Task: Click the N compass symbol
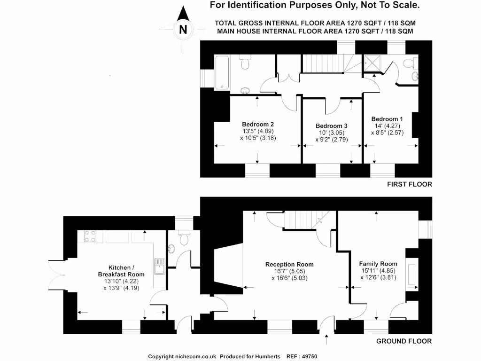[184, 29]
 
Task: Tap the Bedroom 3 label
[332, 126]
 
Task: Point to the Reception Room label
[289, 264]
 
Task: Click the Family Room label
[378, 264]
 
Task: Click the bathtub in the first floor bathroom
[222, 73]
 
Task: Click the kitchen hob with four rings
[90, 236]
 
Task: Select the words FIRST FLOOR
[409, 184]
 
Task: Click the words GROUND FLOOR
[404, 341]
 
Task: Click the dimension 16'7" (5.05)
[289, 271]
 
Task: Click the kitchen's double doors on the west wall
[57, 275]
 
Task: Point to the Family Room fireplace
[413, 275]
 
